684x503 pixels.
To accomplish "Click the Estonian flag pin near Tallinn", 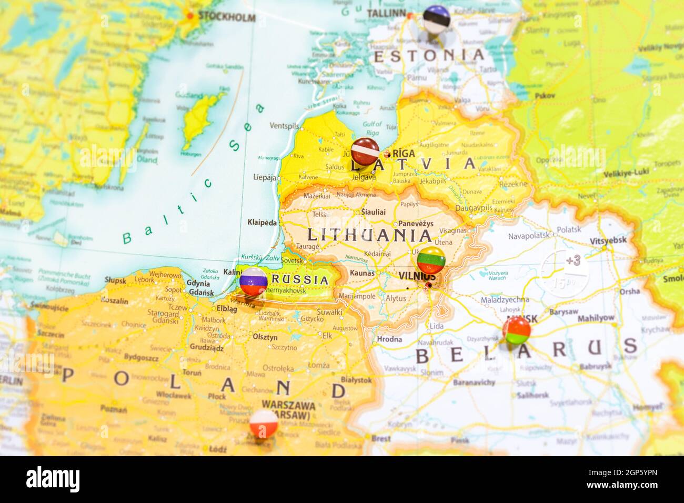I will click(436, 16).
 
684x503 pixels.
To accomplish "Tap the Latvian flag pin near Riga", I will click(365, 151).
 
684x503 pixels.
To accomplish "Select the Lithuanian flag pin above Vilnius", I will click(431, 260).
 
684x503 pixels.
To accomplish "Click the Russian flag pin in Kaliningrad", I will click(254, 281).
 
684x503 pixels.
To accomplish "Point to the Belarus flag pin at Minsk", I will click(516, 330).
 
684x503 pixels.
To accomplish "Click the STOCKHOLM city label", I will click(226, 17).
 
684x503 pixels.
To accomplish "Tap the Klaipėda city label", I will click(262, 222).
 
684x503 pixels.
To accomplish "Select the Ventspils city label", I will click(284, 126).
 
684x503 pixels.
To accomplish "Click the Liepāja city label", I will click(266, 177).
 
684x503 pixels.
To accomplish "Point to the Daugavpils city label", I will click(474, 208).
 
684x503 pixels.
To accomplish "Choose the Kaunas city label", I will click(362, 273).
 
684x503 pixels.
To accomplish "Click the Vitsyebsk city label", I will click(608, 240).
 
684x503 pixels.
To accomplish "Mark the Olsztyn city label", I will click(265, 337).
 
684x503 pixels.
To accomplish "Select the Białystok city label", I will click(356, 379).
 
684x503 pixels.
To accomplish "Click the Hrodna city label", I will click(389, 339).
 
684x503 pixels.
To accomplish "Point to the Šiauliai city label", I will click(373, 212).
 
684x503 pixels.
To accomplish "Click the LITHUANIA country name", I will click(369, 235).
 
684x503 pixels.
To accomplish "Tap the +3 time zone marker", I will click(573, 259).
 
